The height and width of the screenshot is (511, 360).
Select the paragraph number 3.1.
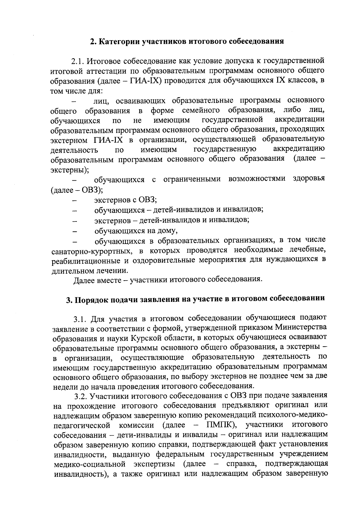(x=81, y=318)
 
